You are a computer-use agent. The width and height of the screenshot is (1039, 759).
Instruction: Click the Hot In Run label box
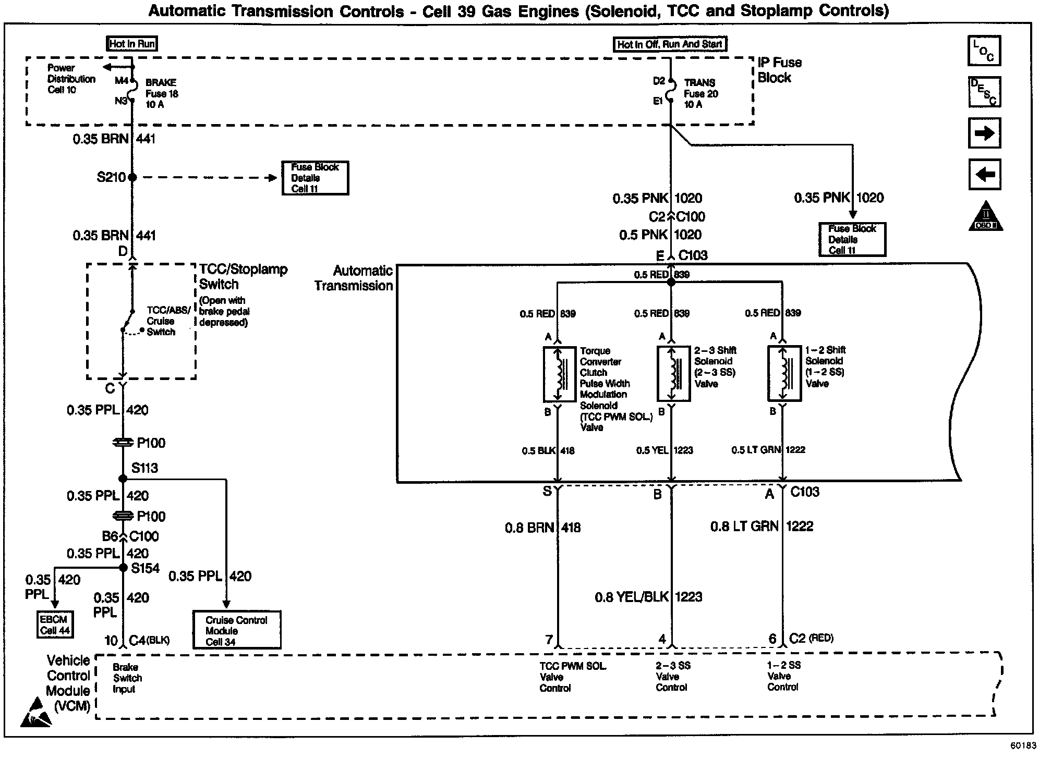tap(132, 44)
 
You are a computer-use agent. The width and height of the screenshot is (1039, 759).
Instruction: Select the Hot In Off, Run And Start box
tap(669, 44)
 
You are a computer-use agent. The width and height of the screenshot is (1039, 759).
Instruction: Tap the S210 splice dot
tap(132, 177)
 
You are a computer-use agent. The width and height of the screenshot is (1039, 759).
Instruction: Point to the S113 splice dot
tap(123, 479)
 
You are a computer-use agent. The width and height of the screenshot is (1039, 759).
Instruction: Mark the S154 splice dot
tap(124, 568)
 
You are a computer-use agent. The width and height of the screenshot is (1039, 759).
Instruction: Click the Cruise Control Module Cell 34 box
tap(236, 630)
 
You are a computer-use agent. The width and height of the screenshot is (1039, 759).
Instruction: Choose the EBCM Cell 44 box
tap(55, 625)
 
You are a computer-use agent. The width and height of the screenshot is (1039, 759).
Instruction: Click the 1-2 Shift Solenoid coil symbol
tap(784, 373)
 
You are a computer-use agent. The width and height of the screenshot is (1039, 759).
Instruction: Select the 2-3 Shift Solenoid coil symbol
tap(673, 373)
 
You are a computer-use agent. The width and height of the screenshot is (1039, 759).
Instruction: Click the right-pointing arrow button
tap(984, 133)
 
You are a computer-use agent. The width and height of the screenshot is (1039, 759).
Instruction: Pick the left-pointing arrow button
tap(984, 174)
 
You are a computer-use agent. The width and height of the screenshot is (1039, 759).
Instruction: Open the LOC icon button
tap(984, 51)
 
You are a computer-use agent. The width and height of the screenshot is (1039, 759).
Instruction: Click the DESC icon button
tap(984, 92)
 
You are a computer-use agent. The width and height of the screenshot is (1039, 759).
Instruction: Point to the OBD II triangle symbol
tap(985, 217)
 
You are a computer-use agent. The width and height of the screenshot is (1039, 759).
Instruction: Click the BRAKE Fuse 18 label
tap(161, 93)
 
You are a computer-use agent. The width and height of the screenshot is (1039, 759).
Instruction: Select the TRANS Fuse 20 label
tap(700, 93)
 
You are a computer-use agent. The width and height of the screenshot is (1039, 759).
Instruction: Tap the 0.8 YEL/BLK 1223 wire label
tap(648, 597)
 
